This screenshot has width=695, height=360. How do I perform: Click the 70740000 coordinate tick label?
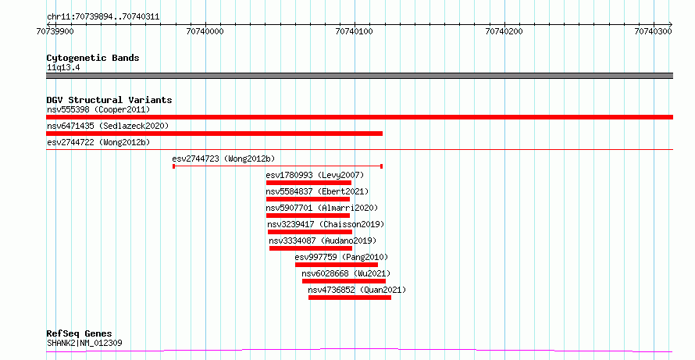(x=205, y=31)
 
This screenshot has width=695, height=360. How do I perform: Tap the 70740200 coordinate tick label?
(x=504, y=31)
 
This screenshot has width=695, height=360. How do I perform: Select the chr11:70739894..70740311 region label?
(x=103, y=17)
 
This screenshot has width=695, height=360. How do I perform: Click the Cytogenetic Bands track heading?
(x=93, y=58)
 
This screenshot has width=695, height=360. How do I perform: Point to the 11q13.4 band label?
(x=63, y=68)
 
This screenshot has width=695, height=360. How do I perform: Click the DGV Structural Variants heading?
(x=109, y=100)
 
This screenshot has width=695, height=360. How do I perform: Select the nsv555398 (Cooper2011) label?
(x=98, y=109)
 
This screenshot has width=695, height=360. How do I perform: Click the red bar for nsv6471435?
(x=215, y=134)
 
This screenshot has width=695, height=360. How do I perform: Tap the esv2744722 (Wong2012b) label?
(x=98, y=142)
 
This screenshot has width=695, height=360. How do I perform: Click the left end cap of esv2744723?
(x=173, y=166)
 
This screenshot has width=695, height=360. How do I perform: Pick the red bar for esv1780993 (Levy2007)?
(x=309, y=183)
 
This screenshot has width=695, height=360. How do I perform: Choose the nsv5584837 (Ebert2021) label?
(x=317, y=191)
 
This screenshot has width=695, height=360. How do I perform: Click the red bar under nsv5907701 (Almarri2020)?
(x=308, y=216)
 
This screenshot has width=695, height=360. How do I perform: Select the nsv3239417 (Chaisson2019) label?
(x=326, y=224)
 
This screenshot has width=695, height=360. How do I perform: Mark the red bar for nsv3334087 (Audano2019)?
(x=311, y=248)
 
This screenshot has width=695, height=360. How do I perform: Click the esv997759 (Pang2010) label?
(x=341, y=257)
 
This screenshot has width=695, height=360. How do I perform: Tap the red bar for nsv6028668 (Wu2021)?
(x=344, y=281)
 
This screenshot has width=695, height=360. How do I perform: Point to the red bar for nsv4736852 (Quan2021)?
(x=350, y=298)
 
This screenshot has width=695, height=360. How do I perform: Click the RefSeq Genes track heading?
(x=80, y=333)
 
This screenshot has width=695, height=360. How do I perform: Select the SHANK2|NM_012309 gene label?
(x=84, y=343)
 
